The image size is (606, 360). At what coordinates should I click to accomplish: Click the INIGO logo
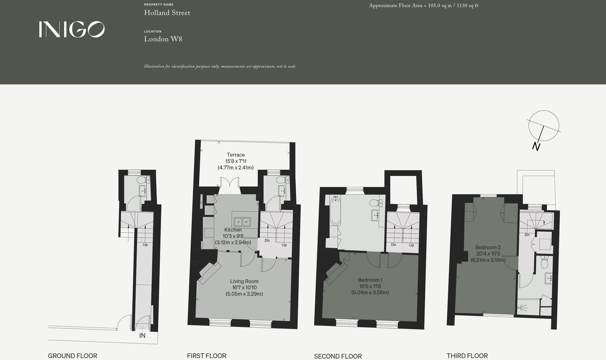[71, 29]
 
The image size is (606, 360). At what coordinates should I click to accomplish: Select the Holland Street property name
[167, 13]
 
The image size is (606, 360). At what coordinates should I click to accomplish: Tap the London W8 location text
[163, 39]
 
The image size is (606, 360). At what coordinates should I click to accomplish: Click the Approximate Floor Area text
[423, 6]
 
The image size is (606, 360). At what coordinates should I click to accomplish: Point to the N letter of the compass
[536, 147]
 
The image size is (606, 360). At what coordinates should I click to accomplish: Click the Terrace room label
[235, 155]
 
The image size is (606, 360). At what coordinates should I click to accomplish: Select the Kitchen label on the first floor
[233, 230]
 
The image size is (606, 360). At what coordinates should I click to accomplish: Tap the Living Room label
[244, 281]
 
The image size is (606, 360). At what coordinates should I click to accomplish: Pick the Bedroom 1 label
[370, 280]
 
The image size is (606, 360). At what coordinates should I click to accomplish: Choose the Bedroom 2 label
[488, 247]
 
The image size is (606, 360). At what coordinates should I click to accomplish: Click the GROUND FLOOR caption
[72, 356]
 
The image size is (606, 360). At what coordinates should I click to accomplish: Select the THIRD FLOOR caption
[467, 356]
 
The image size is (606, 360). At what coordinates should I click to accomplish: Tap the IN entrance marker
[142, 335]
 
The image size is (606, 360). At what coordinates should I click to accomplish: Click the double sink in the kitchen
[242, 221]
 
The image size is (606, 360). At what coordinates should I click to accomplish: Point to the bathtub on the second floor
[335, 211]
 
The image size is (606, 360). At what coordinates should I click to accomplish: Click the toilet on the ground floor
[142, 180]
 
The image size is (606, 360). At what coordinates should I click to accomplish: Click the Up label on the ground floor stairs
[145, 245]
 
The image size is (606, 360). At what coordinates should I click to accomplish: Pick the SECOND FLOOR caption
[338, 356]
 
